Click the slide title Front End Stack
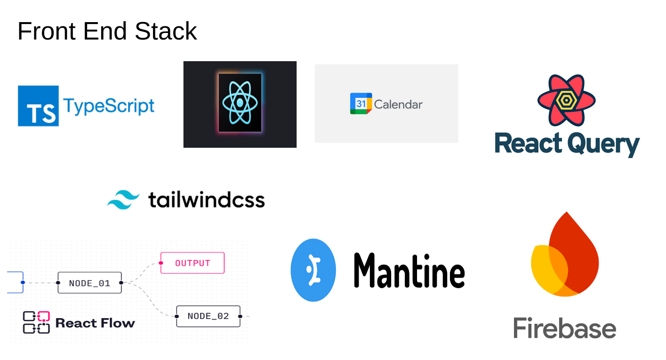[x=107, y=32]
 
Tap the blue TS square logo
[x=38, y=106]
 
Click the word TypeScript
[x=109, y=106]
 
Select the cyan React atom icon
[x=240, y=103]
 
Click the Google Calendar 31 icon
[x=361, y=104]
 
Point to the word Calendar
[x=398, y=104]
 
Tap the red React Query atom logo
[x=566, y=99]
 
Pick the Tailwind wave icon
[x=123, y=200]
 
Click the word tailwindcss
[x=206, y=200]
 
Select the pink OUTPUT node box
[x=193, y=263]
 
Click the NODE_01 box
[x=89, y=283]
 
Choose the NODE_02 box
[x=208, y=316]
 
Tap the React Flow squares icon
[x=36, y=322]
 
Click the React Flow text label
[x=95, y=323]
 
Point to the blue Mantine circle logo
[x=313, y=270]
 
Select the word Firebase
[x=564, y=328]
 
